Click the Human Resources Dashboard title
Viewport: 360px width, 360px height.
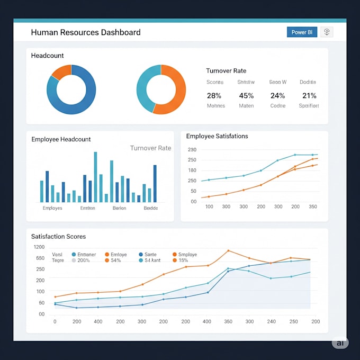(86, 32)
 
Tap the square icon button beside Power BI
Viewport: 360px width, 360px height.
(327, 32)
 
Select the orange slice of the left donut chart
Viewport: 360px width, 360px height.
(61, 72)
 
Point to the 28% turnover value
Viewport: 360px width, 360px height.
(214, 96)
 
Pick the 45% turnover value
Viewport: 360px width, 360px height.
(246, 96)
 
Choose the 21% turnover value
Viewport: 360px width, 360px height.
(309, 96)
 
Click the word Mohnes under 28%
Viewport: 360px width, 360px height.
(215, 106)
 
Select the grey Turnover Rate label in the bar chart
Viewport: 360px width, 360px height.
(150, 148)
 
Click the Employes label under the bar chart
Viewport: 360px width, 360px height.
(52, 208)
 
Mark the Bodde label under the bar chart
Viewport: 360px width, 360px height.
(150, 208)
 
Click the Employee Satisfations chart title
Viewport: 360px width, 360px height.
(217, 136)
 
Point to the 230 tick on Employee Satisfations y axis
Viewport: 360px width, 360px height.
(192, 150)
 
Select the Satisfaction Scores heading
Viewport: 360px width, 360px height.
(58, 236)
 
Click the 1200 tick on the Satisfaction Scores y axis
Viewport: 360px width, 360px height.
(39, 247)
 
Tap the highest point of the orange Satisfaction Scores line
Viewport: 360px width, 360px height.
(228, 250)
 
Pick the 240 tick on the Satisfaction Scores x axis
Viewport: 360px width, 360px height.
(271, 321)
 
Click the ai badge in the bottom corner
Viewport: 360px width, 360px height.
(339, 343)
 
